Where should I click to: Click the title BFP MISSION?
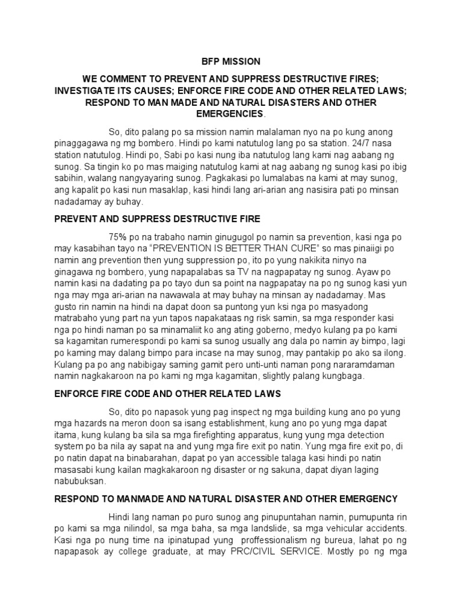(x=230, y=61)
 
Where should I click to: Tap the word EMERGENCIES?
(x=230, y=114)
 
